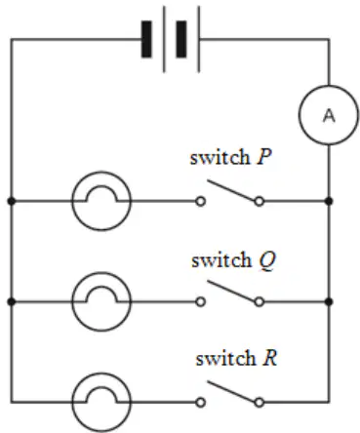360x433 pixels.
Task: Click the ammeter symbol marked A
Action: [329, 115]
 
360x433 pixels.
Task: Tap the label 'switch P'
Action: [230, 157]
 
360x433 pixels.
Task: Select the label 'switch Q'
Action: [233, 260]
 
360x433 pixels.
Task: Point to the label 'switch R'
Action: [236, 358]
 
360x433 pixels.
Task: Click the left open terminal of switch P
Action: [201, 202]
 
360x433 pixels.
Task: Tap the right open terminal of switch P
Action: [259, 202]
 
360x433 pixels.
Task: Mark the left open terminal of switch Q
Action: [201, 302]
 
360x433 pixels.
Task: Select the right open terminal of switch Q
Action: [259, 302]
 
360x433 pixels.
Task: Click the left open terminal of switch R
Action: [201, 403]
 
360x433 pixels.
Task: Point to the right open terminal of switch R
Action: [259, 403]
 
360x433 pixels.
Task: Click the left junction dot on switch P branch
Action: [11, 202]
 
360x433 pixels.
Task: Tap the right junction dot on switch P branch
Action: [329, 202]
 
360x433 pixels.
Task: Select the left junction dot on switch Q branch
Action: [11, 302]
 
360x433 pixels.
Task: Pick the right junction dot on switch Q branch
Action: [329, 302]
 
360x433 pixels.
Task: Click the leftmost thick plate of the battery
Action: [146, 39]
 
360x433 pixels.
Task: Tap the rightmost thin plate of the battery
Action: [198, 39]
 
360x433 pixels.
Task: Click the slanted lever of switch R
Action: [231, 391]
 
